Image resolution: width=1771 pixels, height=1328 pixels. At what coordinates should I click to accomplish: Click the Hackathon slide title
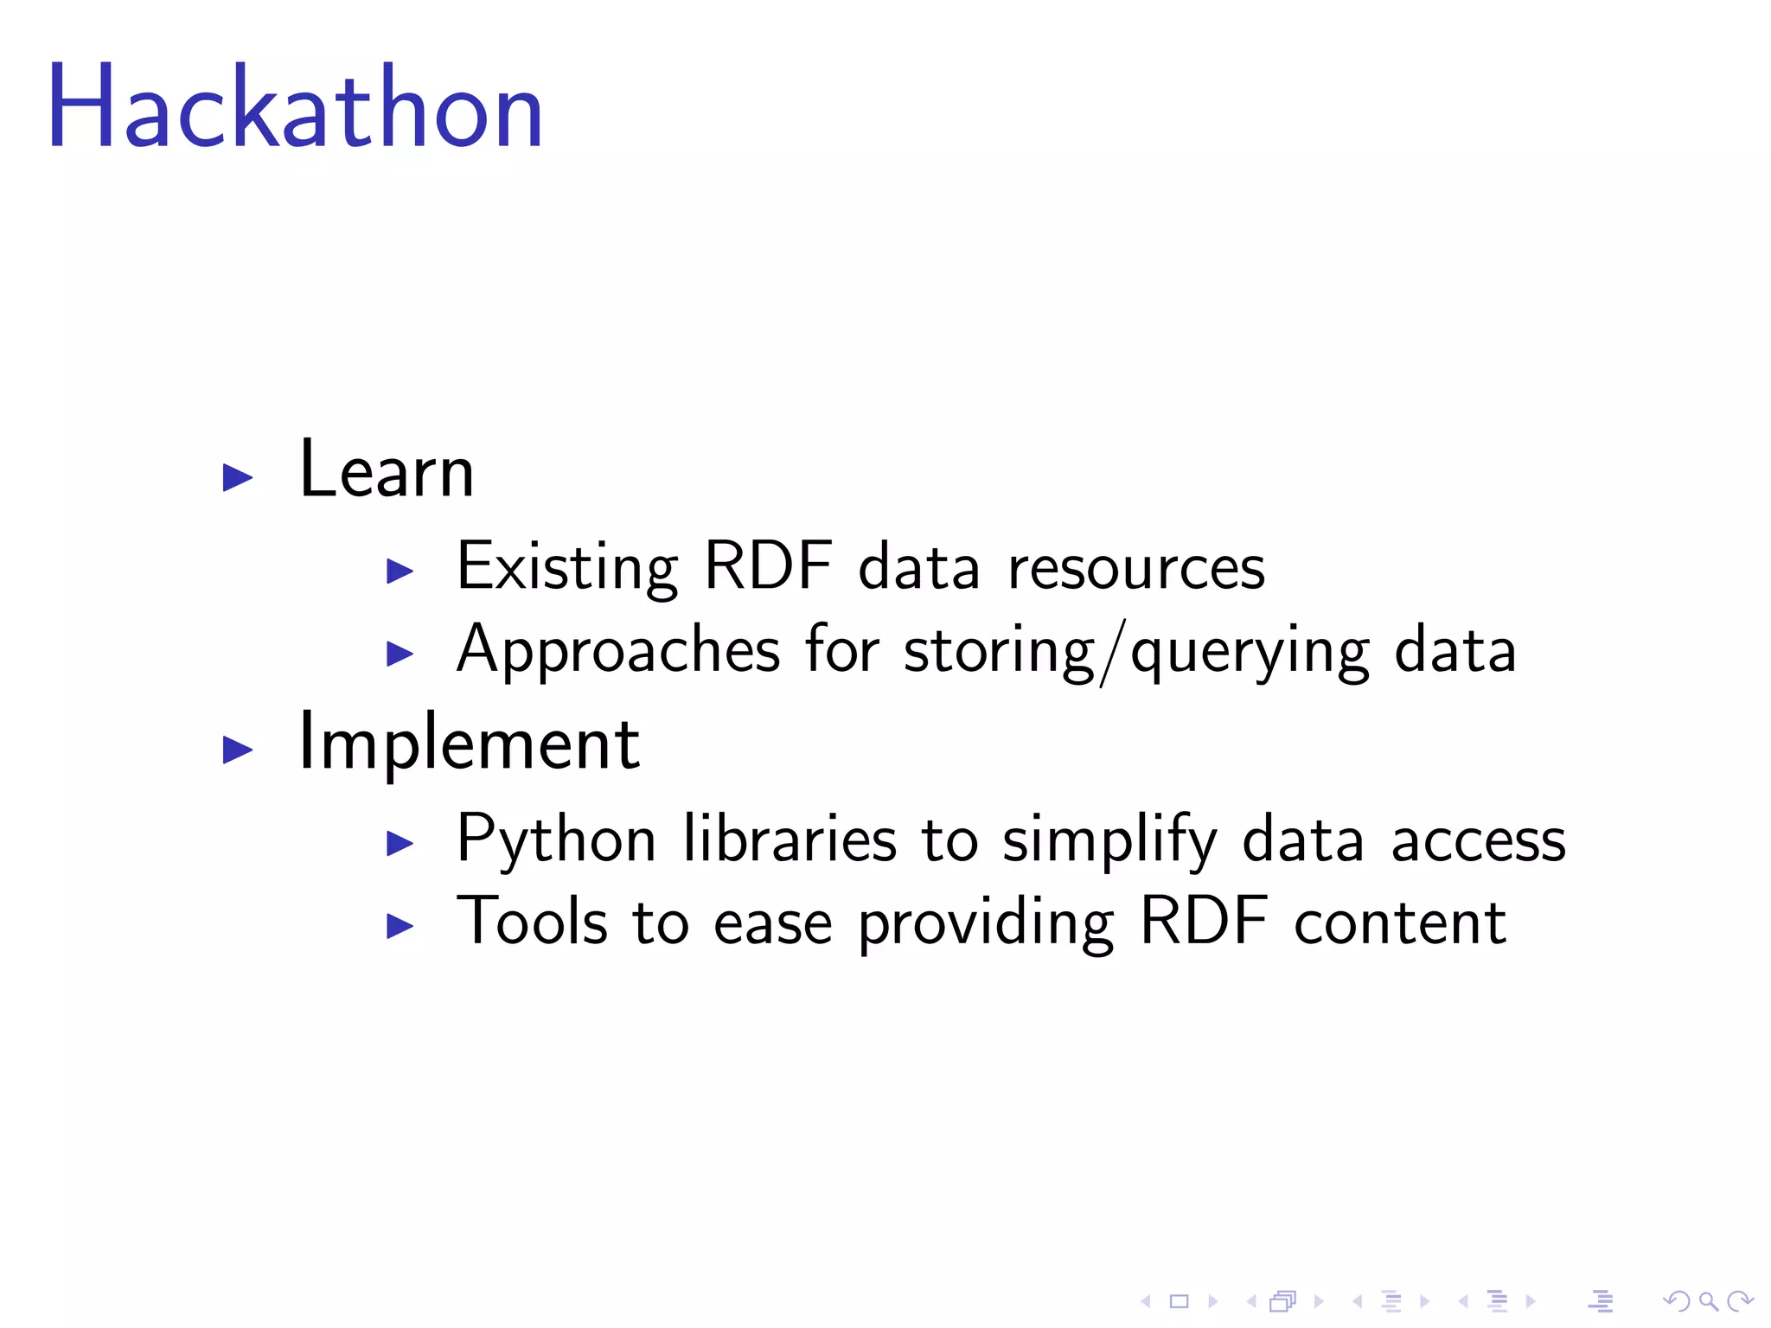point(295,108)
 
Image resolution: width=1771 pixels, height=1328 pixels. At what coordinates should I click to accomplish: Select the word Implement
point(468,743)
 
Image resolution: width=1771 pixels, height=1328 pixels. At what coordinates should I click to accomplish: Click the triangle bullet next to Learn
point(237,477)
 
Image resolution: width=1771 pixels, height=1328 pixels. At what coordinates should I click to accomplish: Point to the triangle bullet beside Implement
point(237,749)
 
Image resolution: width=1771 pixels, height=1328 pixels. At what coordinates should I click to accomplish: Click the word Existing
point(566,567)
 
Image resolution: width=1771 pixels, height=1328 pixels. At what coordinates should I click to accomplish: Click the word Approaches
point(618,650)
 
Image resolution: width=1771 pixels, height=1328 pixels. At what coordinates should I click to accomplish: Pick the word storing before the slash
point(999,650)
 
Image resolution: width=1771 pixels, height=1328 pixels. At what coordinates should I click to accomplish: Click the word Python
point(556,839)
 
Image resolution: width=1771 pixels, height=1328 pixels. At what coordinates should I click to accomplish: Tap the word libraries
point(789,839)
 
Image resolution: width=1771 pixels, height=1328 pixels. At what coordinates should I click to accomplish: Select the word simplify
point(1109,839)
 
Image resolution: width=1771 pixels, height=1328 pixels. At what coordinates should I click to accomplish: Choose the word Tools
point(532,922)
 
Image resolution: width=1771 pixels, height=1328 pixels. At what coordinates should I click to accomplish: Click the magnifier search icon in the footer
point(1707,1301)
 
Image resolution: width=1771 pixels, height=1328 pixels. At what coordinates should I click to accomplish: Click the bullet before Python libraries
point(400,842)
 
